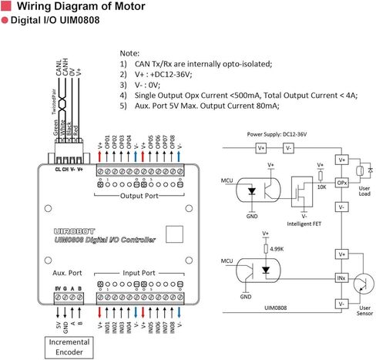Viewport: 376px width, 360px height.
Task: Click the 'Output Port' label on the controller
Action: point(138,196)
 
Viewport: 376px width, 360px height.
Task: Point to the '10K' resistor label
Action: point(322,187)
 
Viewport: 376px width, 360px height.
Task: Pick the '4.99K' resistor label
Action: point(275,249)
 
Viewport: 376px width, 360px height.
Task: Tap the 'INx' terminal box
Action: point(342,278)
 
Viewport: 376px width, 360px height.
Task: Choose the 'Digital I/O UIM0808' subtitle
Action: point(55,25)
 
